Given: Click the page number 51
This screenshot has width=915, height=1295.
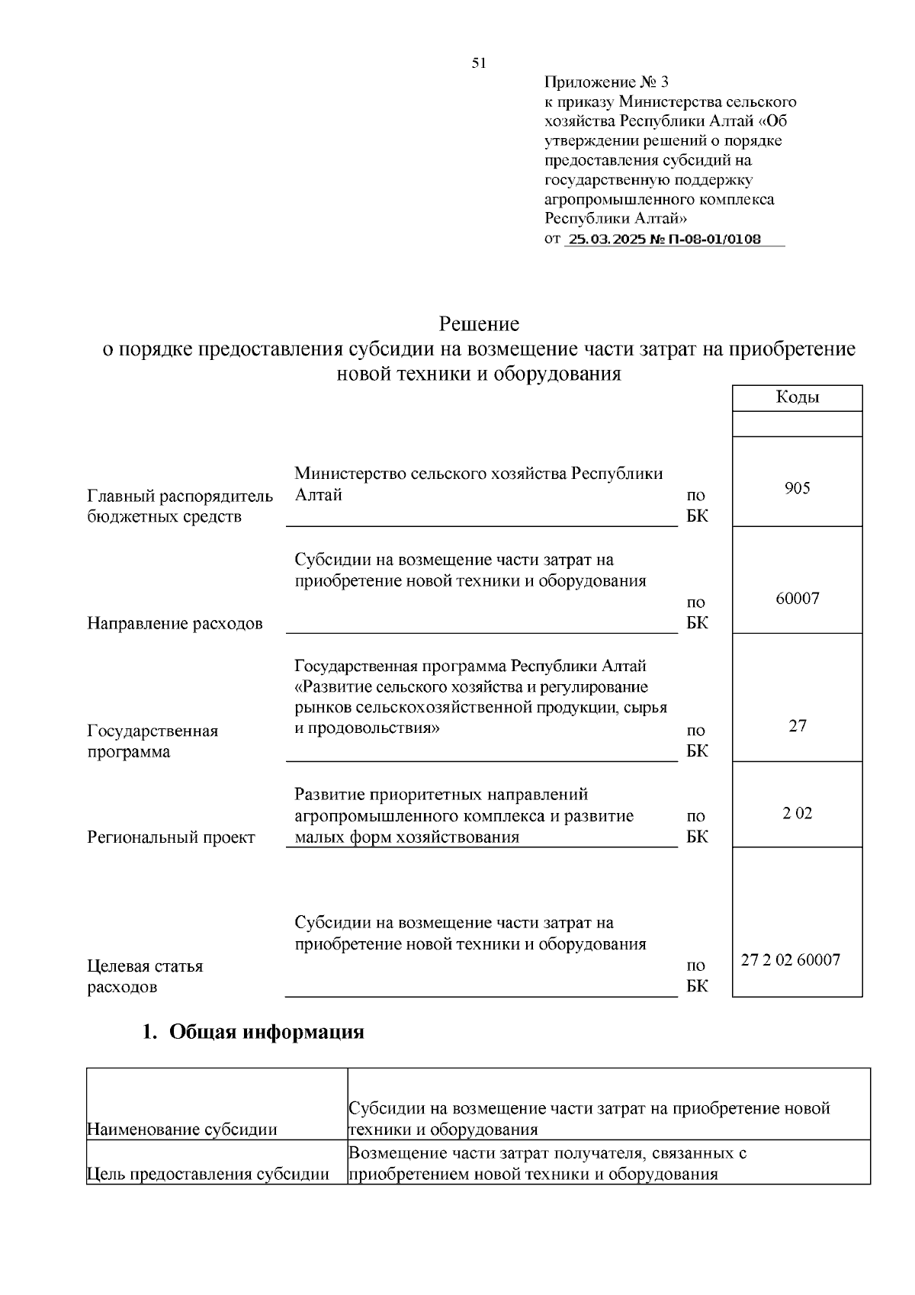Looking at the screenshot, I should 479,63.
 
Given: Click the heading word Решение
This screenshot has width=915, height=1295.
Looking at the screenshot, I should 479,324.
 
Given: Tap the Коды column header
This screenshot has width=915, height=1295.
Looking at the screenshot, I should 797,397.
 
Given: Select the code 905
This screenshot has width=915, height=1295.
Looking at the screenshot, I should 797,488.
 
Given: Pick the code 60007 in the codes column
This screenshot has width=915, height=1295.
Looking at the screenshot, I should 797,598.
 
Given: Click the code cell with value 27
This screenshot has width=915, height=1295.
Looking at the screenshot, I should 797,725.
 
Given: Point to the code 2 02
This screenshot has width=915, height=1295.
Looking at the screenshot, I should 797,813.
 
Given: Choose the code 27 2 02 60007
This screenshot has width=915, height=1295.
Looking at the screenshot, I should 791,960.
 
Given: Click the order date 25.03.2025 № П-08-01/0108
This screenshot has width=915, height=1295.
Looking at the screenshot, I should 665,239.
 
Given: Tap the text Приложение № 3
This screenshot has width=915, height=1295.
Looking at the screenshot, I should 606,82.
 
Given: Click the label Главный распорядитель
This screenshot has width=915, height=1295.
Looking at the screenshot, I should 180,496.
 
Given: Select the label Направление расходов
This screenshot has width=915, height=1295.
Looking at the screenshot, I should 175,624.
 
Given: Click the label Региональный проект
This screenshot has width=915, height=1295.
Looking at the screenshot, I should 171,837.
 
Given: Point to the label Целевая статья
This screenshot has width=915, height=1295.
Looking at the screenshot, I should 145,966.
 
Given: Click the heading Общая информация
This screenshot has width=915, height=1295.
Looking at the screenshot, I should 266,1032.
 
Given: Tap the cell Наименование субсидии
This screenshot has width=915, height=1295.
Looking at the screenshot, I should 182,1129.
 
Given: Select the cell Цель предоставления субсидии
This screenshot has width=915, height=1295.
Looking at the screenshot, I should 208,1174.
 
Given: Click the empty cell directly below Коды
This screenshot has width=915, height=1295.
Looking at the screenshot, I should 797,424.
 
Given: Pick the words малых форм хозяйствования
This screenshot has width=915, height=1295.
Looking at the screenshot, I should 406,837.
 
